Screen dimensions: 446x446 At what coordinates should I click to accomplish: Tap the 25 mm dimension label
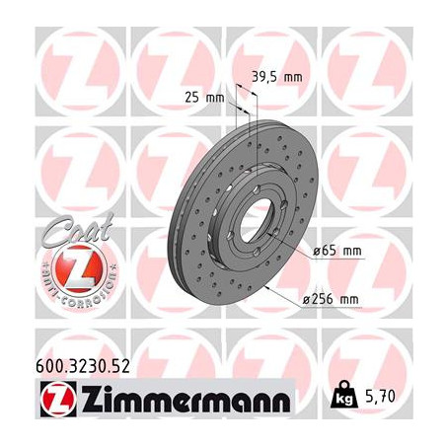tap(204, 96)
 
